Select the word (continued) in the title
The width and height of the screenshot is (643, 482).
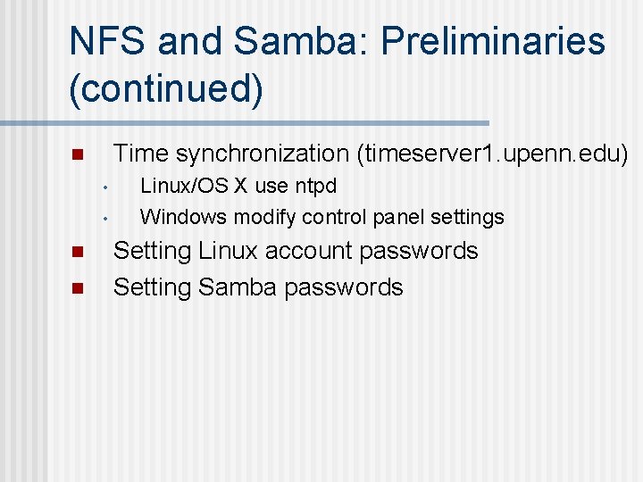166,90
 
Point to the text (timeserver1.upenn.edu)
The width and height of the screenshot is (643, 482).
492,154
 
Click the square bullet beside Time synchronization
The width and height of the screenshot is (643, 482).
77,155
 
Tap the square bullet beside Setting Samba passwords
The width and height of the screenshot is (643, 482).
77,288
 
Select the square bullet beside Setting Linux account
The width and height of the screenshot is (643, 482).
77,253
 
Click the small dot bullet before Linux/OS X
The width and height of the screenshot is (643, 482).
104,188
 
